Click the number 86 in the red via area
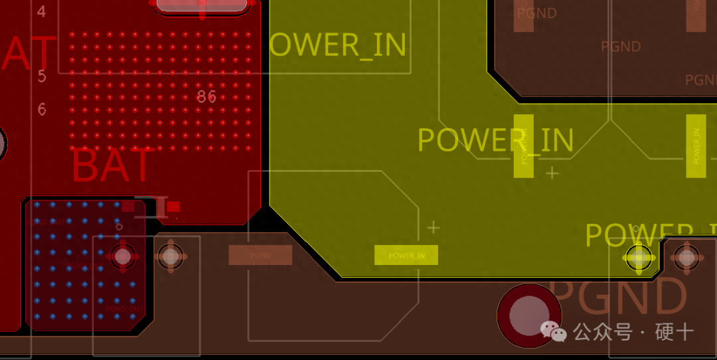tap(206, 97)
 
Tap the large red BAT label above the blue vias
tap(113, 166)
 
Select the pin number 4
tap(42, 11)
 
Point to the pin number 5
tap(42, 76)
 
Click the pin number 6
tap(42, 109)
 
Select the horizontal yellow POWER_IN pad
tap(406, 255)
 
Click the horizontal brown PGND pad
tap(260, 255)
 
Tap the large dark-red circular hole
tap(528, 316)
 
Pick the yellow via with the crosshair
tap(639, 256)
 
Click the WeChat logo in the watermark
tap(553, 330)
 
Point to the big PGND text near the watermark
tap(617, 297)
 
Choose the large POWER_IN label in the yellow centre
tap(495, 140)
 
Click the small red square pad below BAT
tap(173, 207)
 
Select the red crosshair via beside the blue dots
tap(122, 256)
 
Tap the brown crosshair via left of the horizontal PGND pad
tap(171, 256)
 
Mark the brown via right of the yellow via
tap(686, 256)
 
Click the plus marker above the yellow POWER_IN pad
tap(434, 228)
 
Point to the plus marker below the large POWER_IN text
tap(552, 173)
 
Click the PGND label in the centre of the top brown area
tap(621, 46)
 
